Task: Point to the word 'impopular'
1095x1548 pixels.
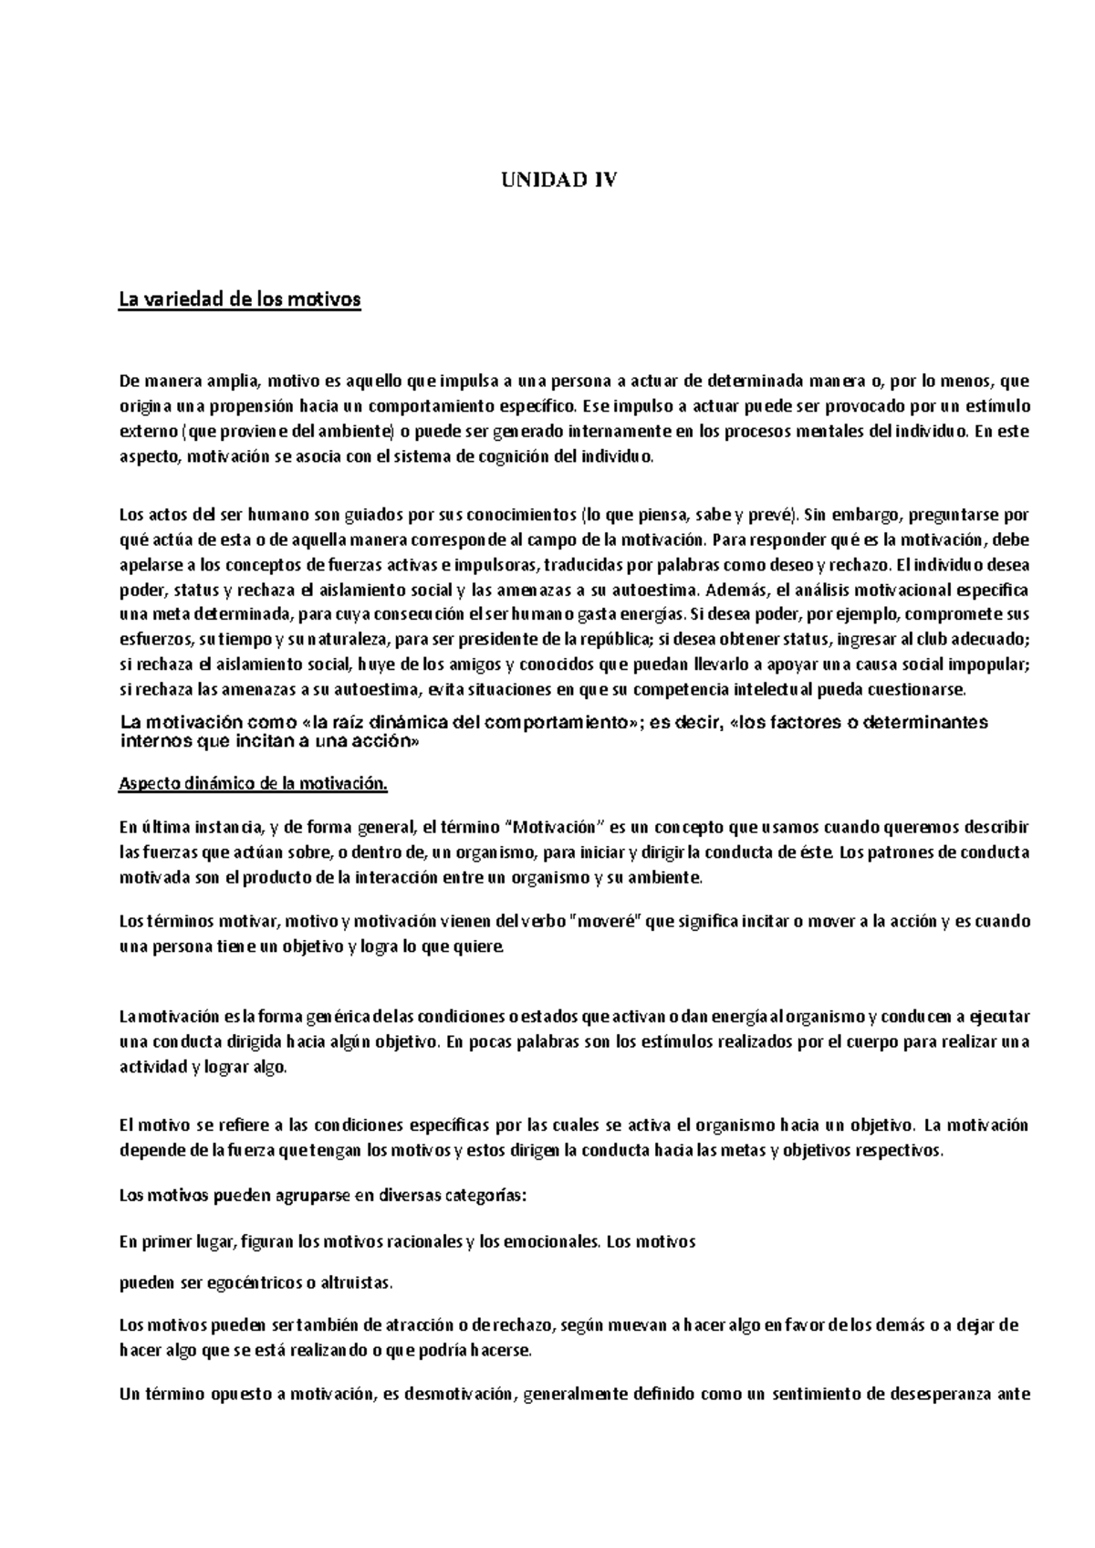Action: pos(991,664)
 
